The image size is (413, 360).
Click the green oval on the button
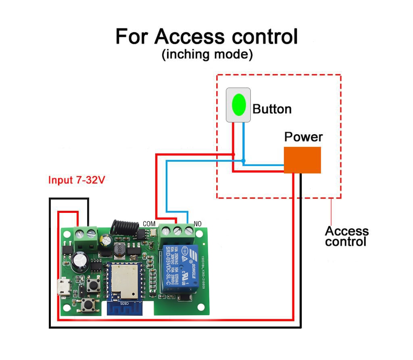[x=238, y=104]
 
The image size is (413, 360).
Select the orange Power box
[x=302, y=160]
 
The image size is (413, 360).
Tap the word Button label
[x=272, y=109]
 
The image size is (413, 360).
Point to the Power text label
[x=303, y=137]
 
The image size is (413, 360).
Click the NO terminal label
[x=198, y=223]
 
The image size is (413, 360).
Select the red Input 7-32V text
[x=77, y=180]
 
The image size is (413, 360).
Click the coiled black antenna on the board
[x=121, y=227]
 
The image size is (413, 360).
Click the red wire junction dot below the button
[x=233, y=155]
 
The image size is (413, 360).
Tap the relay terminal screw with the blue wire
[x=188, y=231]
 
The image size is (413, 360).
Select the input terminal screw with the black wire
[x=89, y=233]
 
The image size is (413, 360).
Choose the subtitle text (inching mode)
[x=207, y=54]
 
